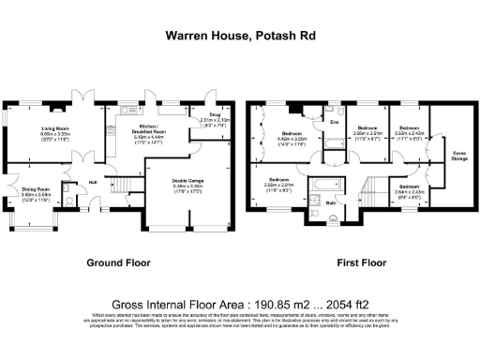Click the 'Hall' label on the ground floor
click(94, 182)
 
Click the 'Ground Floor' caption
click(119, 262)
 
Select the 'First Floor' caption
click(361, 262)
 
